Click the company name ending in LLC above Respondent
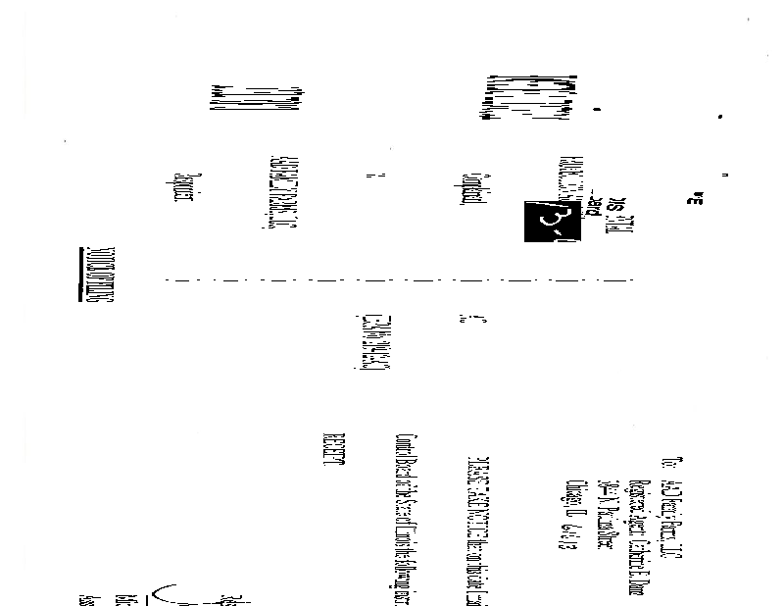pyautogui.click(x=274, y=191)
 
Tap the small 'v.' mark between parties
pyautogui.click(x=371, y=177)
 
